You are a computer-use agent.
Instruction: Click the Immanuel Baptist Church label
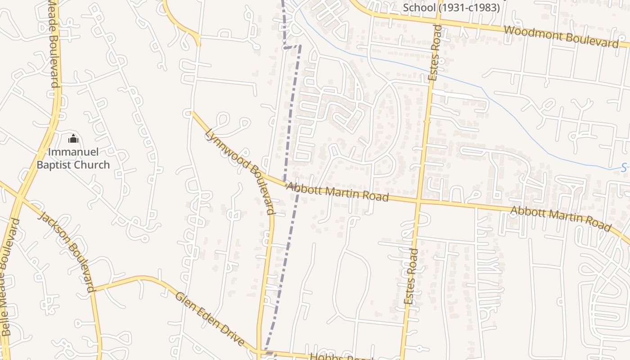pos(73,158)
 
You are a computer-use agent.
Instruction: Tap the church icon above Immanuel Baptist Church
pos(73,139)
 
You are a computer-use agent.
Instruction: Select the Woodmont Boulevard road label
pos(561,36)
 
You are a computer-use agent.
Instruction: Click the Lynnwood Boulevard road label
pos(240,171)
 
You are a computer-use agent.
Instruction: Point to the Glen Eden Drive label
pos(209,319)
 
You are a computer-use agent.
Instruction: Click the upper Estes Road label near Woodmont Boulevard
pos(435,53)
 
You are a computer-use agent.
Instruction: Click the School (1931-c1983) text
pos(451,8)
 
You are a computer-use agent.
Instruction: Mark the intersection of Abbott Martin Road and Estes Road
pos(418,201)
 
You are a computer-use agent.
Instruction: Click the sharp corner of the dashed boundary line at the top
pos(284,47)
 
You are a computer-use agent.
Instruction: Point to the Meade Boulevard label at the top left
pos(54,43)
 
